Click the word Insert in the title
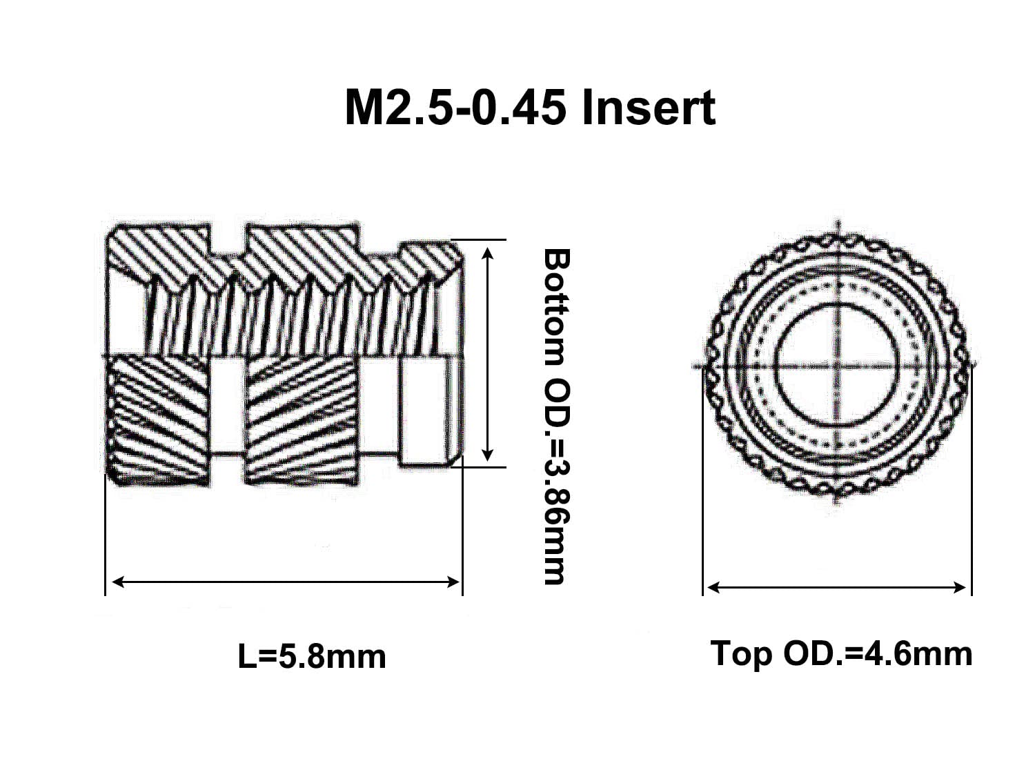click(649, 108)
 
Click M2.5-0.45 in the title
click(455, 108)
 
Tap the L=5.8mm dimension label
click(312, 657)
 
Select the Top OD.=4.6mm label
click(841, 654)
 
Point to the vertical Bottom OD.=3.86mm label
click(557, 417)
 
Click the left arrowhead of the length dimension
click(117, 582)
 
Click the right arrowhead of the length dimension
click(453, 582)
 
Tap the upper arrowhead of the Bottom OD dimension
click(488, 254)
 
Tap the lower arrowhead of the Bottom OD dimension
click(488, 455)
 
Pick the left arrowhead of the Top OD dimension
click(714, 587)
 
